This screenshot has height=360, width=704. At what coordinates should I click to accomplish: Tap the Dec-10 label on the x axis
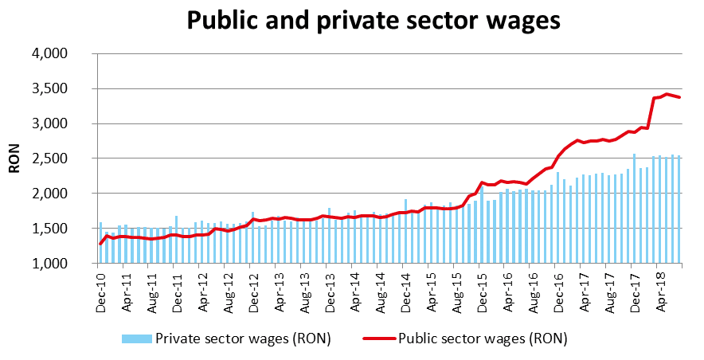(x=100, y=289)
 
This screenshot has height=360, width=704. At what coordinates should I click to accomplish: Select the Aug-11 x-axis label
(x=152, y=289)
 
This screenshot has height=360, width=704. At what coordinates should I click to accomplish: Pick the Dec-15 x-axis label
(x=483, y=289)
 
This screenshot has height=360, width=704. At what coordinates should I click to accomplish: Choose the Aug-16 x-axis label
(x=534, y=289)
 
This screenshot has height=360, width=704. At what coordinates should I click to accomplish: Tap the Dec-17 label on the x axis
(x=635, y=289)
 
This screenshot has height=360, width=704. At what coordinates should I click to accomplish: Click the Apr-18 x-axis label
(x=660, y=289)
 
